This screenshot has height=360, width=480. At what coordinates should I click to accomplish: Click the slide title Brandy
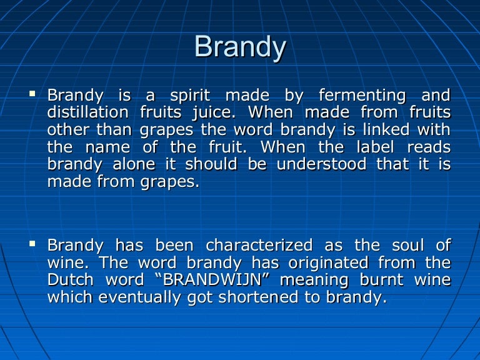[240, 47]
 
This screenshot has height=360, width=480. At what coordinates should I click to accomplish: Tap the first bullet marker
[32, 94]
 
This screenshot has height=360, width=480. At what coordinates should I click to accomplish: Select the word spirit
[191, 96]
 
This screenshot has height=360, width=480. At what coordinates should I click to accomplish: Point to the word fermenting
[362, 96]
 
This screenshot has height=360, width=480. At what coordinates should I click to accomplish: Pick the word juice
[214, 113]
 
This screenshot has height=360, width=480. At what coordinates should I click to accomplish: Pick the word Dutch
[69, 280]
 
